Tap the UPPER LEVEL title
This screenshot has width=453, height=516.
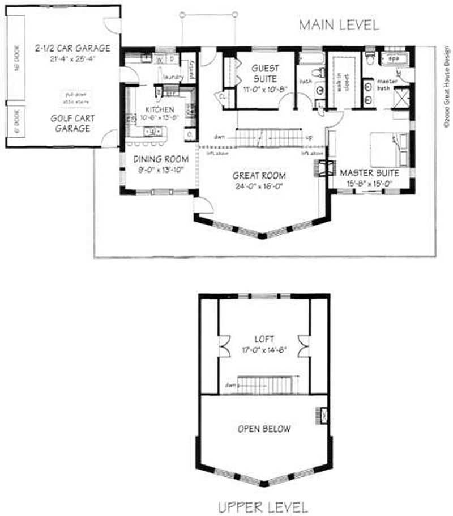(x=264, y=506)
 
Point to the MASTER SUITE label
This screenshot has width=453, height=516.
(x=370, y=172)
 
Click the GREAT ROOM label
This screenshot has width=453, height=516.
(x=259, y=176)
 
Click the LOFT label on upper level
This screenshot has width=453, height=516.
(x=264, y=339)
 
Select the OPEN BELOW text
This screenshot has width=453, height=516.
(x=264, y=429)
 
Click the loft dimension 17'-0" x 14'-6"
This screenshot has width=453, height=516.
(x=264, y=349)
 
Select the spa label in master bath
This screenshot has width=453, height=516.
(x=394, y=58)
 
